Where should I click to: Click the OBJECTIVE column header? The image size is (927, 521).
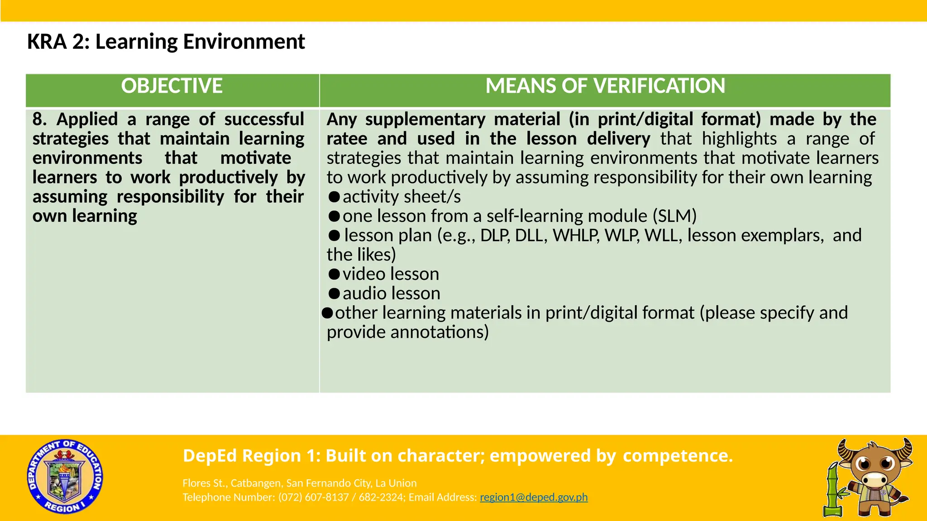coord(172,86)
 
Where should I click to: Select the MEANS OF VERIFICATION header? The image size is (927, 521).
coord(605,86)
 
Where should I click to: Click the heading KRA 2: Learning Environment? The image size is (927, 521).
coord(166,42)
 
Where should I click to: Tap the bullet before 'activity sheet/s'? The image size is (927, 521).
coord(334,197)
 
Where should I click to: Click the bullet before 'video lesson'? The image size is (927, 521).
coord(334,274)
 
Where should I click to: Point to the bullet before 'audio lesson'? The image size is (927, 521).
coord(334,294)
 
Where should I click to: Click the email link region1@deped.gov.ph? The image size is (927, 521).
coord(533,497)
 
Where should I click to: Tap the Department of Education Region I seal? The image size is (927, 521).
coord(65,477)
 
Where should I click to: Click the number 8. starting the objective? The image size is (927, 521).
coord(40,119)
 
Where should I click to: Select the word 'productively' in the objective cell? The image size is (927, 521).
coord(228,177)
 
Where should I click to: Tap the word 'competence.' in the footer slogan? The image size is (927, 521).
coord(678,455)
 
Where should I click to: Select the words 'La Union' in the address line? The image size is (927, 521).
coord(396,483)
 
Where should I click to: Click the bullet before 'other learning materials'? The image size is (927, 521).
coord(327,313)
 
